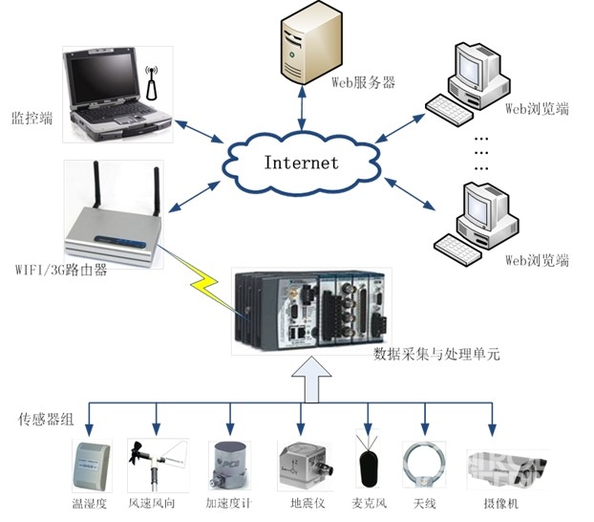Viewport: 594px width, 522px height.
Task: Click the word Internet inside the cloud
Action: point(301,162)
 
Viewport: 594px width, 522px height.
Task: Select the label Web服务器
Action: point(362,82)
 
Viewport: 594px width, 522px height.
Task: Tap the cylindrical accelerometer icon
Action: point(229,464)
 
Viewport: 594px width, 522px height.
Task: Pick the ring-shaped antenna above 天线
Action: point(426,464)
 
